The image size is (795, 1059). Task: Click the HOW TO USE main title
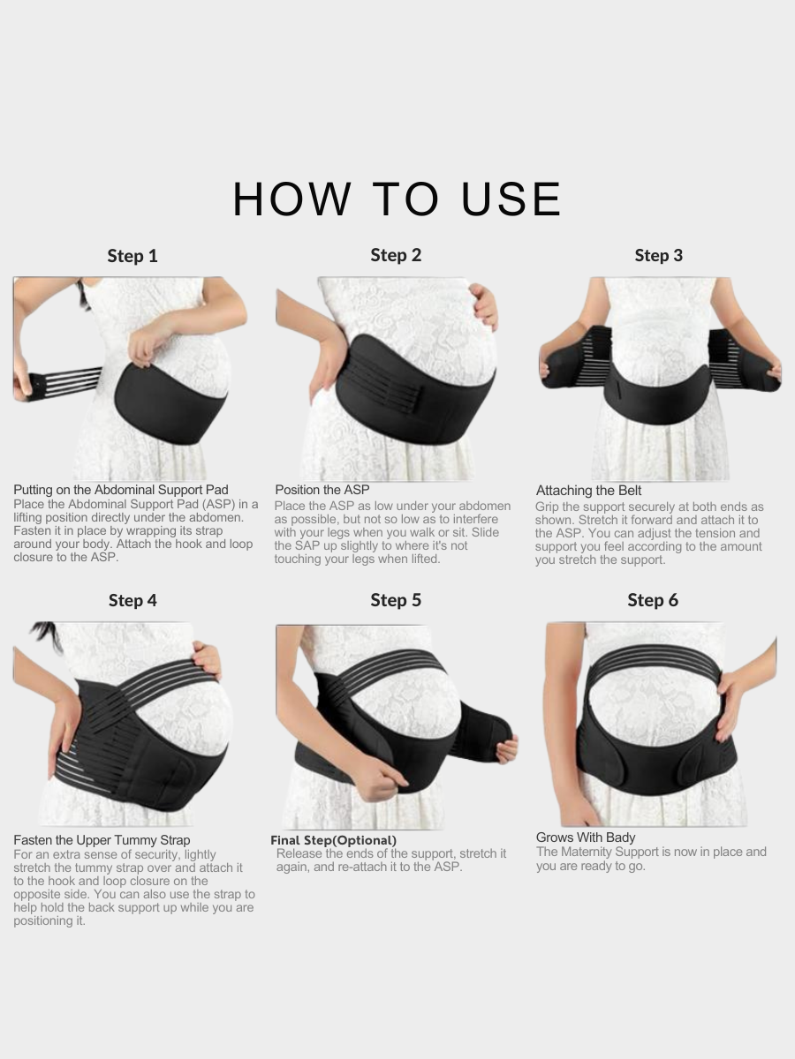coord(397,199)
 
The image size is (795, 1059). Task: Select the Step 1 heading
coord(132,256)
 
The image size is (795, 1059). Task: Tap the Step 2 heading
coord(396,255)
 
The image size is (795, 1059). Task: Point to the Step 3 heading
coord(658,255)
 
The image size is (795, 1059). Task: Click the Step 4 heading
coord(132,600)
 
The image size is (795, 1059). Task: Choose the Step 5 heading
coord(396,600)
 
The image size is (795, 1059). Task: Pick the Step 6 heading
coord(653,600)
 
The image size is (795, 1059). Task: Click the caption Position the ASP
coord(322,490)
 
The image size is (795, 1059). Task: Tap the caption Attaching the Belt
coord(588,491)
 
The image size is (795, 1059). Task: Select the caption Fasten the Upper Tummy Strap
coord(102,840)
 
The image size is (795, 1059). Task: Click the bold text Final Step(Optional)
coord(333,840)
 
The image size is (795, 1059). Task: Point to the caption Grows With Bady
coord(586,837)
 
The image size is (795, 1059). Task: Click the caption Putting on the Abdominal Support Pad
coord(121,490)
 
